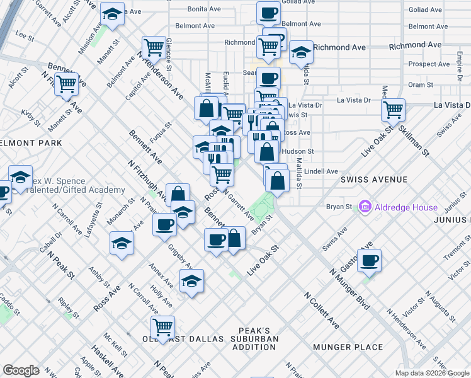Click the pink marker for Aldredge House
coord(364,207)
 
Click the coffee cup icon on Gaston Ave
coord(370,260)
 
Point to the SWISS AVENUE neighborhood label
coord(375,180)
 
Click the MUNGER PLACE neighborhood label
coord(351,347)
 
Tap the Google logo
coord(21,370)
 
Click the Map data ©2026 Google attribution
coord(432,373)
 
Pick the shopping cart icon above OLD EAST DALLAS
coord(162,327)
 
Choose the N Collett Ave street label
coord(322,309)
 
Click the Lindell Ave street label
coord(321,171)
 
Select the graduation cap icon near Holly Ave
coord(192,280)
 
